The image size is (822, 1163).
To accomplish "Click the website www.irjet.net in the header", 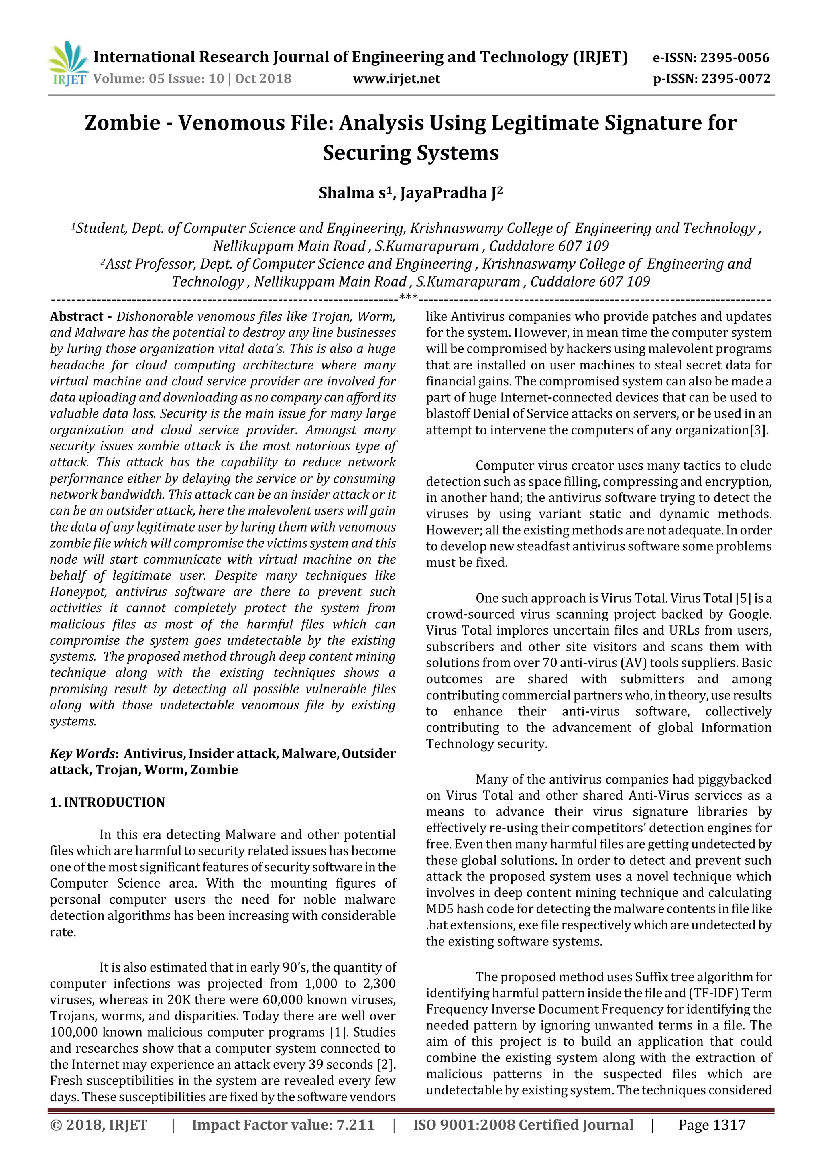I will coord(396,79).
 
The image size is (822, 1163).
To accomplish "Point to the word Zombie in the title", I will coord(122,123).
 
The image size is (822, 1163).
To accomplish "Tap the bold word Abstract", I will coord(77,317).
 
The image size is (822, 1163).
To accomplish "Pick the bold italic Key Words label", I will coord(81,754).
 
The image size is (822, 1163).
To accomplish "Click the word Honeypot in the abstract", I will coord(79,592).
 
